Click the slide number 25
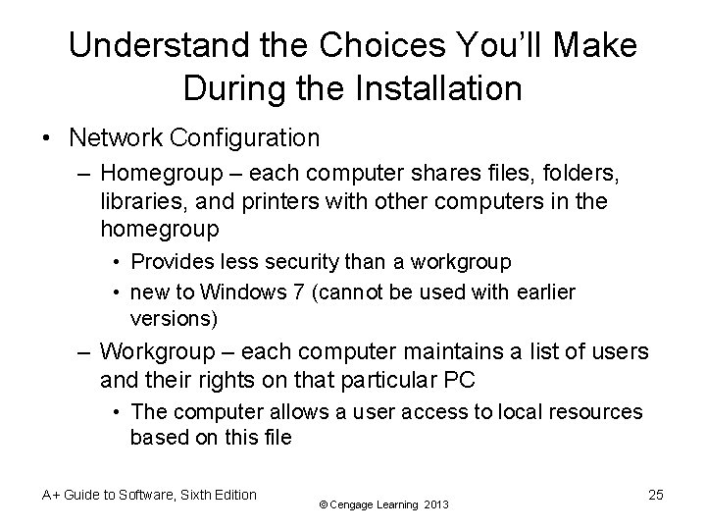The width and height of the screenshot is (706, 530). pyautogui.click(x=656, y=495)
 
